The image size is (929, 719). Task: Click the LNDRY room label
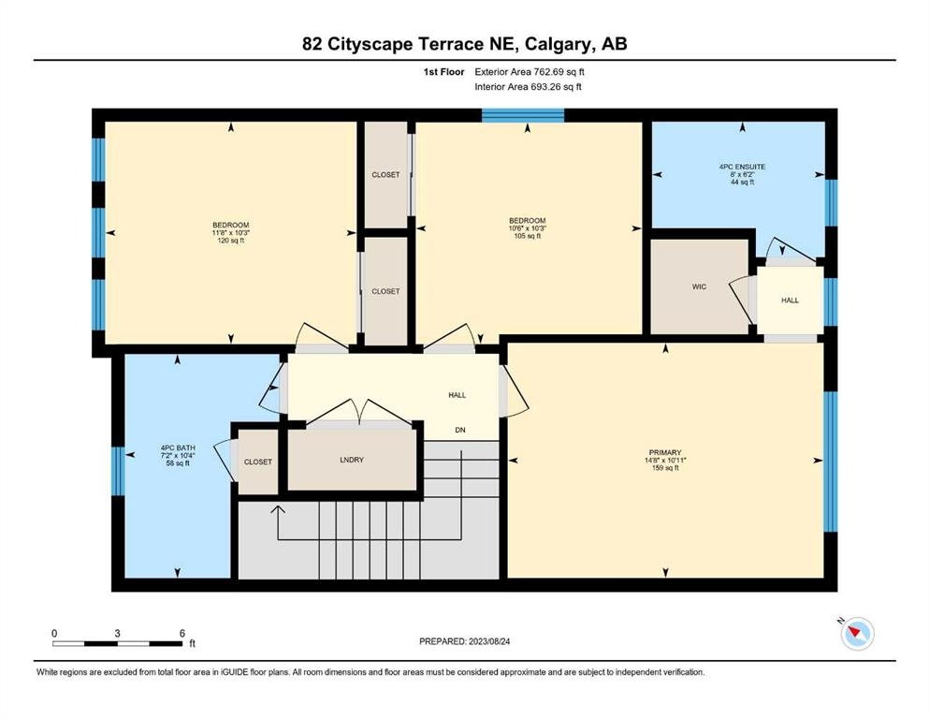(x=352, y=460)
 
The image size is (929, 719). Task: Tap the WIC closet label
(x=699, y=286)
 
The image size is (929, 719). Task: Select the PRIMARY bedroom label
(x=665, y=452)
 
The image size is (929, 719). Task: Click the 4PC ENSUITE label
(x=743, y=168)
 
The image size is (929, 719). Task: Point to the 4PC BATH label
(x=178, y=448)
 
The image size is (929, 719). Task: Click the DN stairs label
(x=460, y=431)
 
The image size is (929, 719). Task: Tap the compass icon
(x=856, y=633)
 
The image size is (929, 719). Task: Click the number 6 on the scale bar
(x=182, y=633)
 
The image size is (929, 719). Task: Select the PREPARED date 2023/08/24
(x=489, y=641)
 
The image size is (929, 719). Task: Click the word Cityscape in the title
(x=370, y=44)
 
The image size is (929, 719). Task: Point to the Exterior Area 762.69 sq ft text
(x=530, y=72)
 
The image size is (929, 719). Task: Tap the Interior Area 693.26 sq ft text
(x=528, y=87)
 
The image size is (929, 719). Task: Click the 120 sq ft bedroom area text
(x=231, y=241)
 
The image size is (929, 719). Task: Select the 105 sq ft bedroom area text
(x=528, y=236)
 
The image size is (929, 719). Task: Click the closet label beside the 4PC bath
(x=257, y=462)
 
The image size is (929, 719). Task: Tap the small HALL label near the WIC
(x=790, y=301)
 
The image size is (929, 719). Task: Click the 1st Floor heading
(x=443, y=72)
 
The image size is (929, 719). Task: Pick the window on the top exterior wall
(x=523, y=115)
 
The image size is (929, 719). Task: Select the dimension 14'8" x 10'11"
(x=665, y=460)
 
